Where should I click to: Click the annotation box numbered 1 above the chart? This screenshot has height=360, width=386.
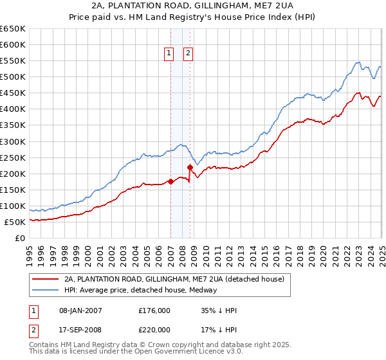tap(169, 54)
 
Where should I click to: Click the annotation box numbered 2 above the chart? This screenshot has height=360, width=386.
tap(188, 54)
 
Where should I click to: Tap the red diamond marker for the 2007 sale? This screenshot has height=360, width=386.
tap(170, 181)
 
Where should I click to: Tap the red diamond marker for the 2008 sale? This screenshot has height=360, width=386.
tap(190, 167)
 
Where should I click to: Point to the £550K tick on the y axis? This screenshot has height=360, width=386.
tap(14, 61)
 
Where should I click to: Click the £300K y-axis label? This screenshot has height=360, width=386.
tap(14, 141)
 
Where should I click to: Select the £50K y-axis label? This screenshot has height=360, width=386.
tap(16, 222)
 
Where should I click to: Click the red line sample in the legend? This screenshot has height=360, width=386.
tap(44, 279)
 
